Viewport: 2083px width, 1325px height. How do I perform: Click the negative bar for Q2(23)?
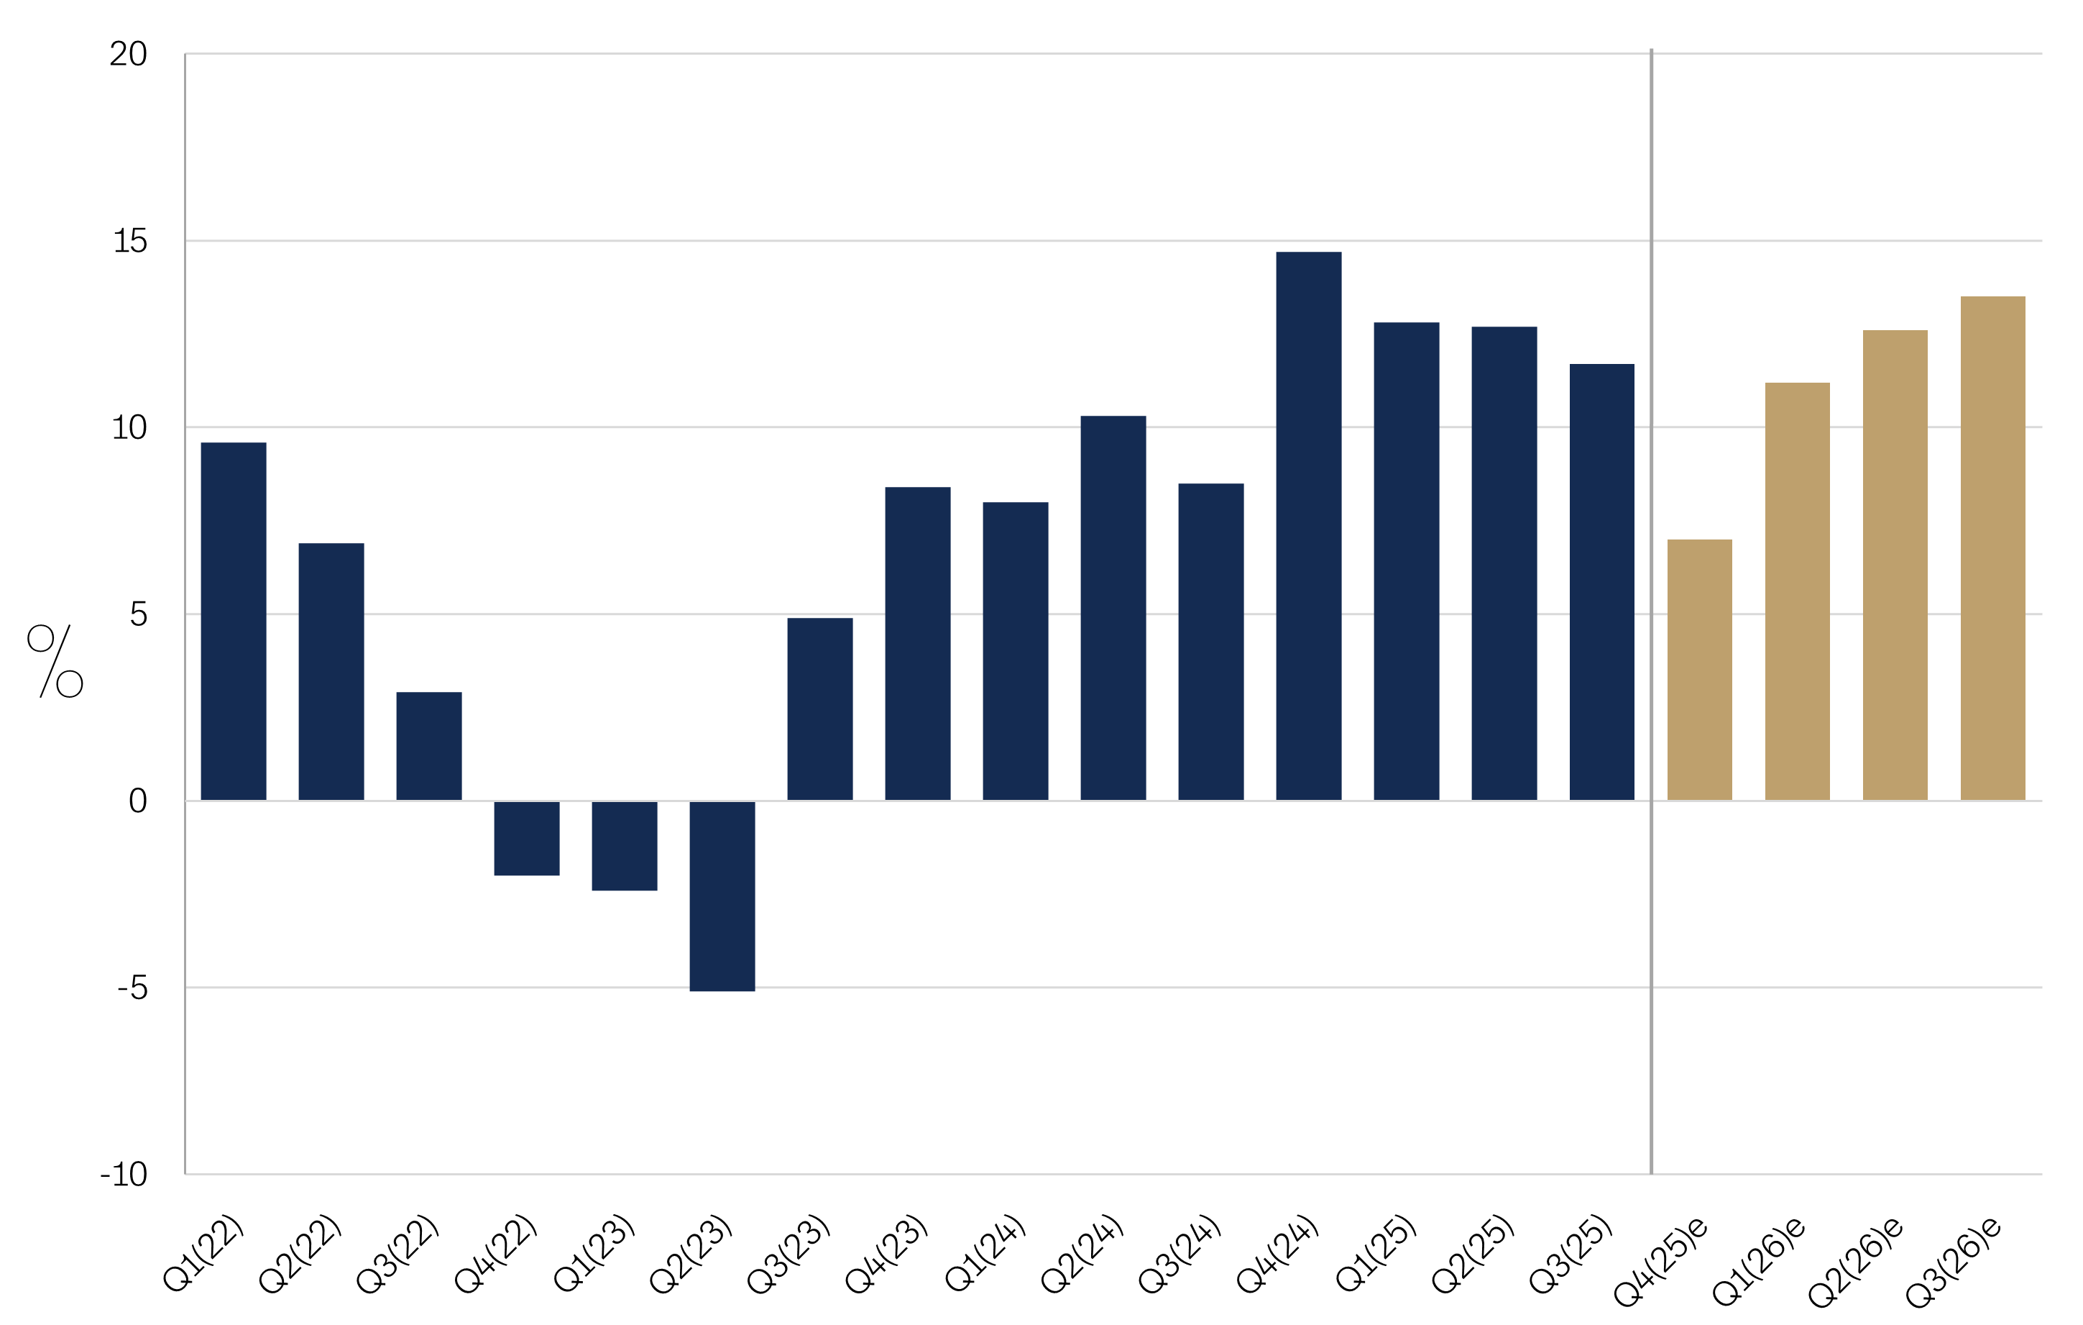tap(722, 895)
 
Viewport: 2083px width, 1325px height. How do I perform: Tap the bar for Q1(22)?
tap(234, 621)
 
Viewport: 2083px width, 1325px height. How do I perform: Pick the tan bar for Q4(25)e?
tap(1699, 669)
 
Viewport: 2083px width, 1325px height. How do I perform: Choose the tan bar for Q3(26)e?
tap(1992, 548)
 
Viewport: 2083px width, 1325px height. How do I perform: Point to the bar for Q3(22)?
tap(429, 745)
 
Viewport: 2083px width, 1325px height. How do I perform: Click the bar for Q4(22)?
tap(527, 838)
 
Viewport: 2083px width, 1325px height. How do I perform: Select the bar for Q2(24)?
tap(1113, 608)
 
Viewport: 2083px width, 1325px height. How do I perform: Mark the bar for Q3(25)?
tap(1601, 582)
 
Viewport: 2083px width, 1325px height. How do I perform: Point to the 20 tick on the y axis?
tap(128, 55)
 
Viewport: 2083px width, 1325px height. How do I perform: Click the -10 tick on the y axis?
tap(124, 1175)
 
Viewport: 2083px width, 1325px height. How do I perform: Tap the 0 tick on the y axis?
tap(137, 801)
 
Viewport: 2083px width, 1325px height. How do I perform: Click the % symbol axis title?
tap(55, 661)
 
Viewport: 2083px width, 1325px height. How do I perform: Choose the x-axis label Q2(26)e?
tap(1857, 1260)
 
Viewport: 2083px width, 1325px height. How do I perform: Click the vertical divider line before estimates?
tap(1650, 606)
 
